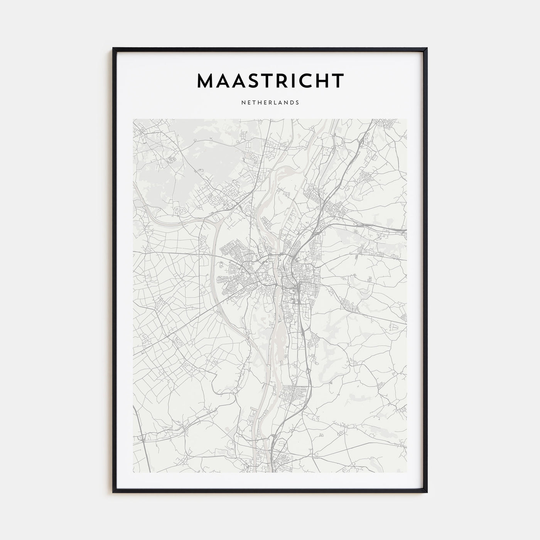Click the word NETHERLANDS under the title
click(x=270, y=103)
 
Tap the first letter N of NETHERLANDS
click(x=243, y=103)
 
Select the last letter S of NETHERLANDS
click(x=297, y=103)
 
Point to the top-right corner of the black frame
click(x=427, y=48)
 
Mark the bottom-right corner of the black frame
click(x=427, y=492)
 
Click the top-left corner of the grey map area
click(x=133, y=119)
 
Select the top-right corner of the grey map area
click(x=407, y=119)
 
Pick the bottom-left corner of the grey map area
click(x=133, y=472)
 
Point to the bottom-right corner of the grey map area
click(x=407, y=472)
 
